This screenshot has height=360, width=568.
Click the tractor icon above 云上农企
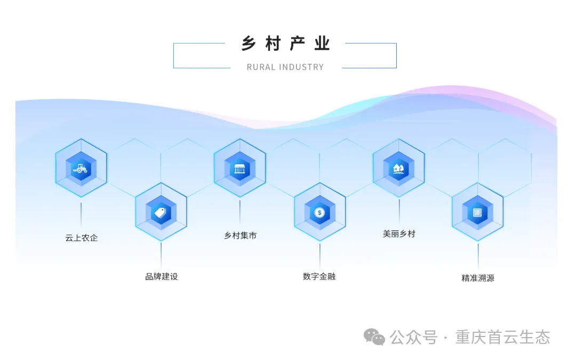[81, 169]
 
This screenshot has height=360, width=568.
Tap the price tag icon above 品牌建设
[161, 213]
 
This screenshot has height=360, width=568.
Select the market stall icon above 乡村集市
[239, 169]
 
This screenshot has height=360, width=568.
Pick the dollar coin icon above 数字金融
[319, 213]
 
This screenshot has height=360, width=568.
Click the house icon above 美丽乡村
[398, 169]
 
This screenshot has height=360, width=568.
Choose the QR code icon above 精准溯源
[477, 213]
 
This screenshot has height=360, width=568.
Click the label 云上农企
[82, 238]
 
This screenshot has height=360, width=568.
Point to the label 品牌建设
[161, 276]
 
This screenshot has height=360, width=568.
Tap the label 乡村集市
[240, 235]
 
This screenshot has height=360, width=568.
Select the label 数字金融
[319, 276]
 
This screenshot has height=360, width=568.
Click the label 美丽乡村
[398, 234]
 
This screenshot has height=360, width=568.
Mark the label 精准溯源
[477, 278]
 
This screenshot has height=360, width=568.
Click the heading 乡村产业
[285, 44]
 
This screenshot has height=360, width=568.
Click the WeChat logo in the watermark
[374, 337]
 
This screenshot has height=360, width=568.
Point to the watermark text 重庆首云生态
[502, 337]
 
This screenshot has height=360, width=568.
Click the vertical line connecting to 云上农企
[81, 213]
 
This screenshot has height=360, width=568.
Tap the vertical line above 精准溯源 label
[478, 255]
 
